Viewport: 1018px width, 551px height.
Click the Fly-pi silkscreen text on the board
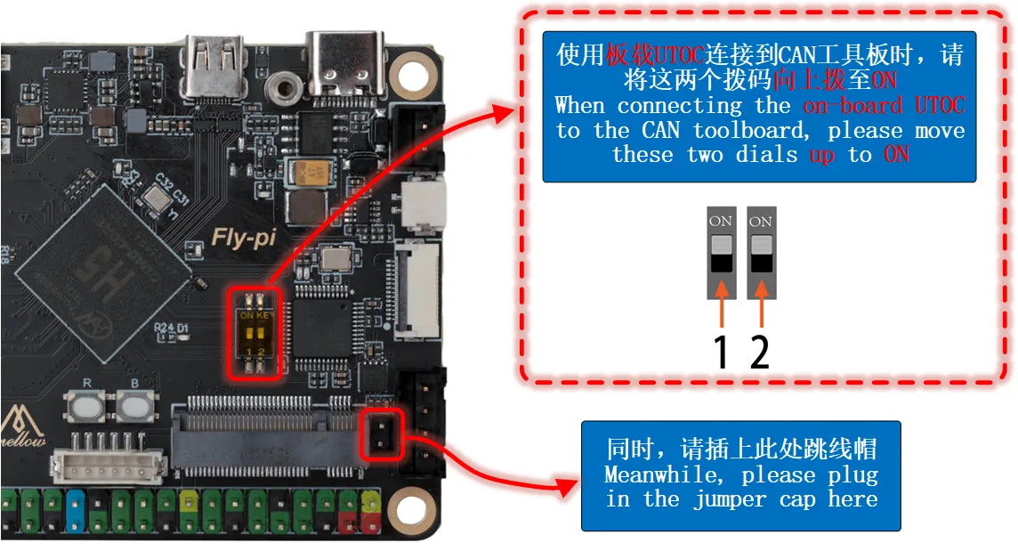242,238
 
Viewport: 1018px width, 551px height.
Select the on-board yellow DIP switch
255,332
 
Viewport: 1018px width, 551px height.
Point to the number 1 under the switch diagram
721,352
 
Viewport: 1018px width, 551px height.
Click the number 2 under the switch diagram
759,352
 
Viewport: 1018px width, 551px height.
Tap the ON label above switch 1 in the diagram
720,221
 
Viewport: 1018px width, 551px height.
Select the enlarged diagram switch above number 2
761,254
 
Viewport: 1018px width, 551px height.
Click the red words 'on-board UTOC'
883,106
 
